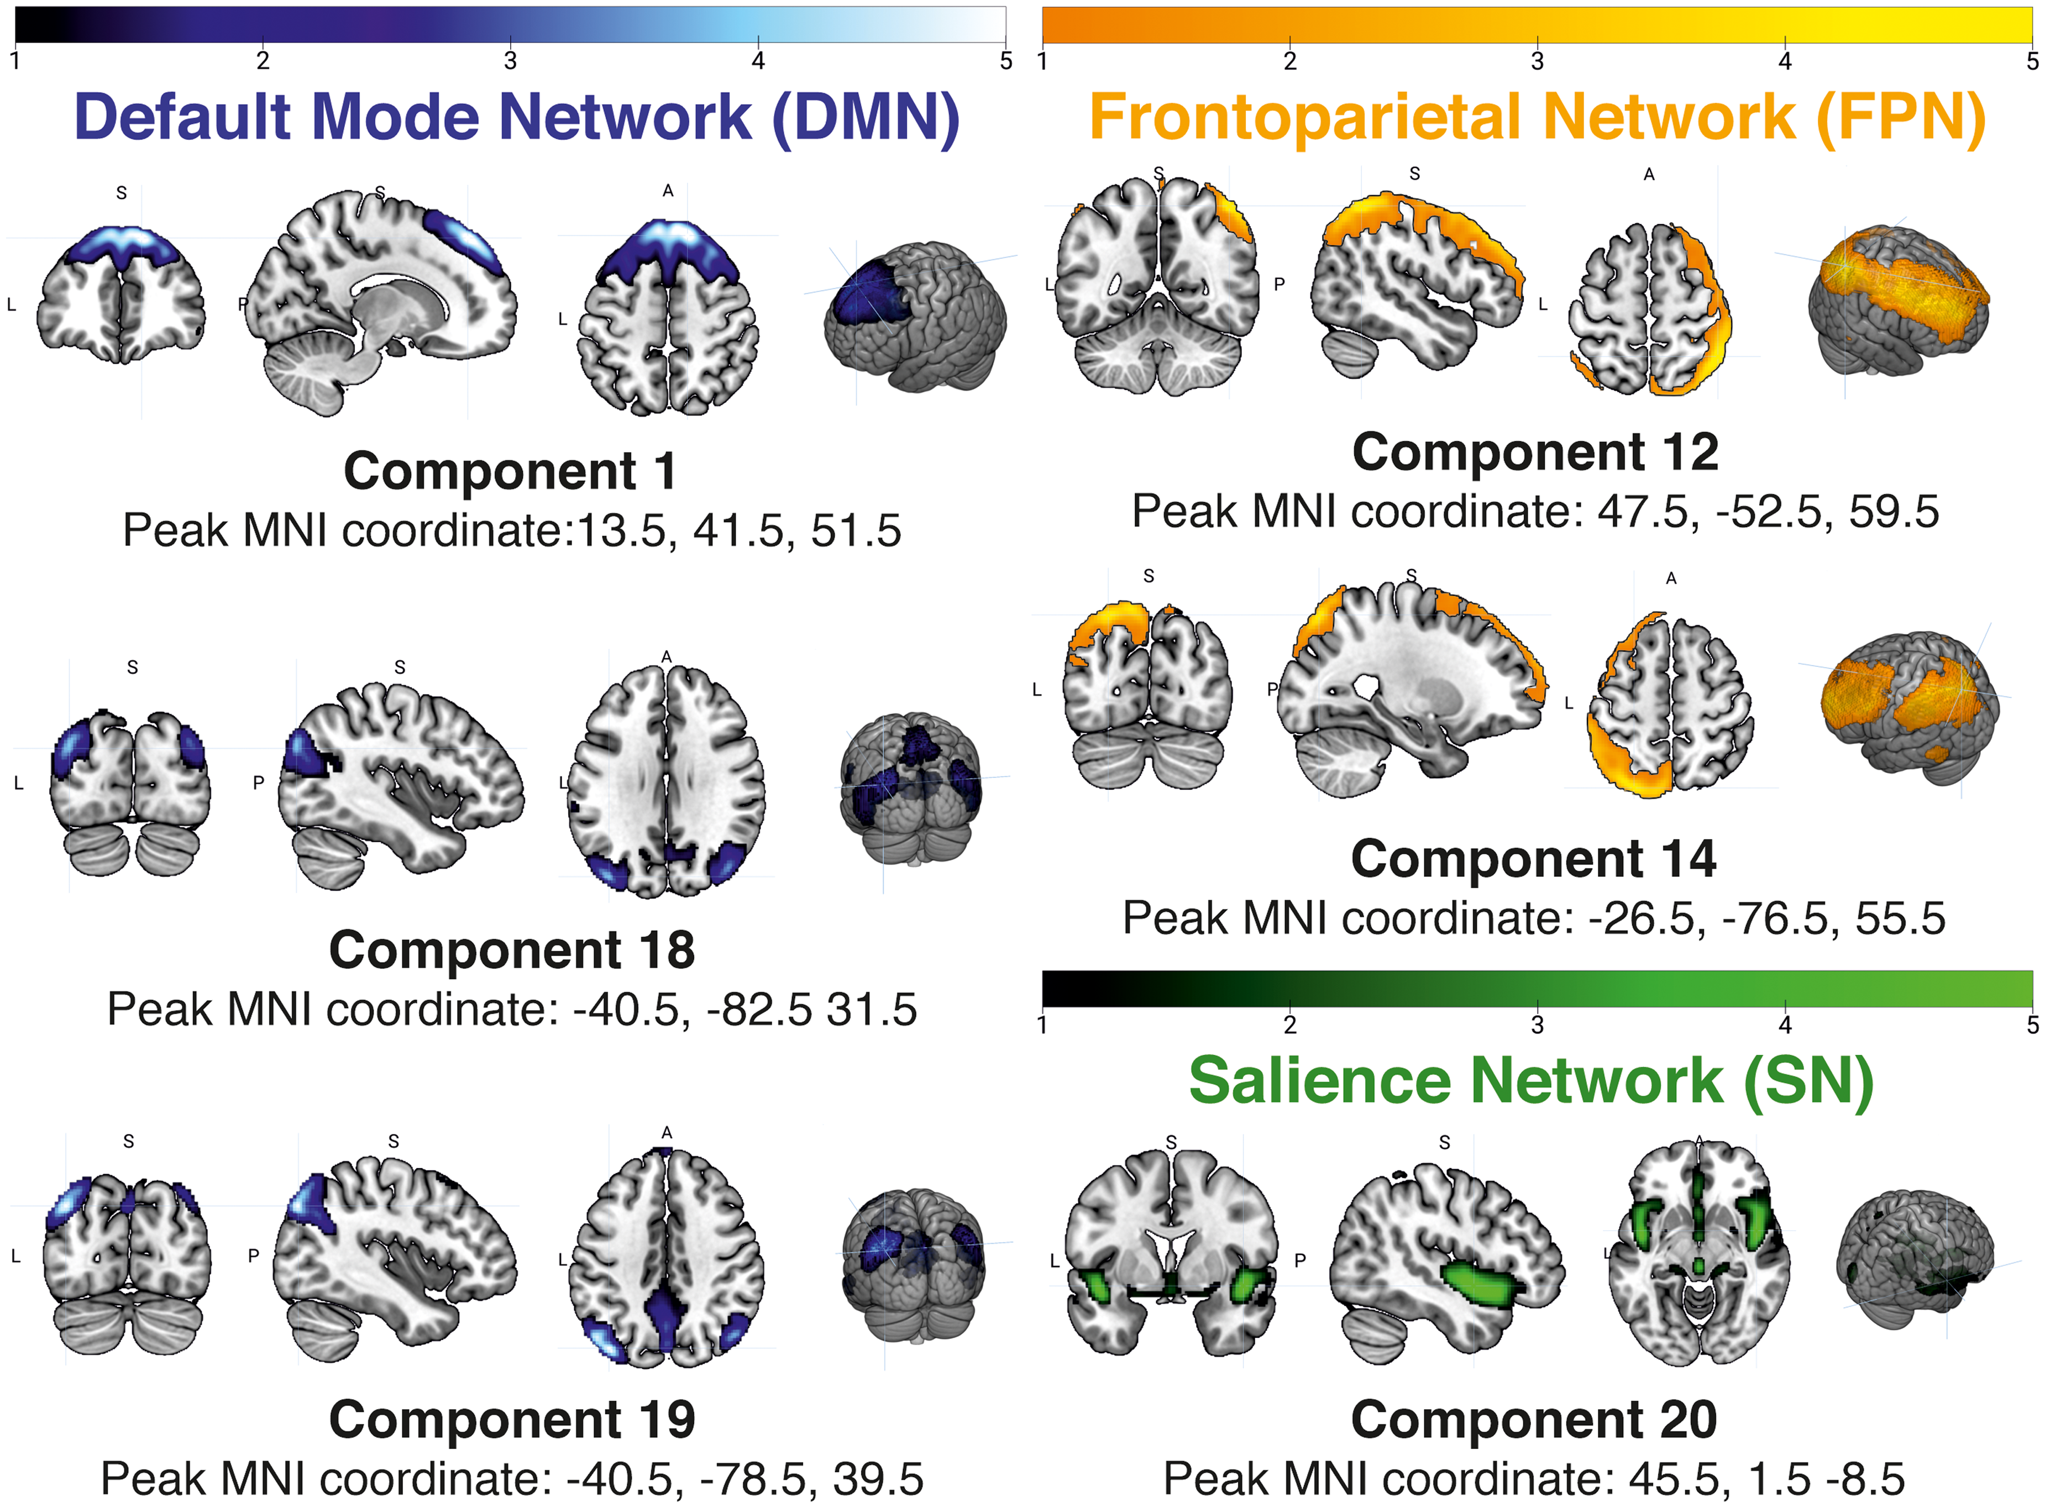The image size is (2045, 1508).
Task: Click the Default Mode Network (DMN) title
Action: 517,118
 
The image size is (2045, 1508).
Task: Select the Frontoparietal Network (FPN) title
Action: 1538,118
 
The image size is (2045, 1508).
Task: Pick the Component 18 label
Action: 512,950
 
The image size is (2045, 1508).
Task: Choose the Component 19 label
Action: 512,1420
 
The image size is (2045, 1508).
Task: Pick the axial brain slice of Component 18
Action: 667,780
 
